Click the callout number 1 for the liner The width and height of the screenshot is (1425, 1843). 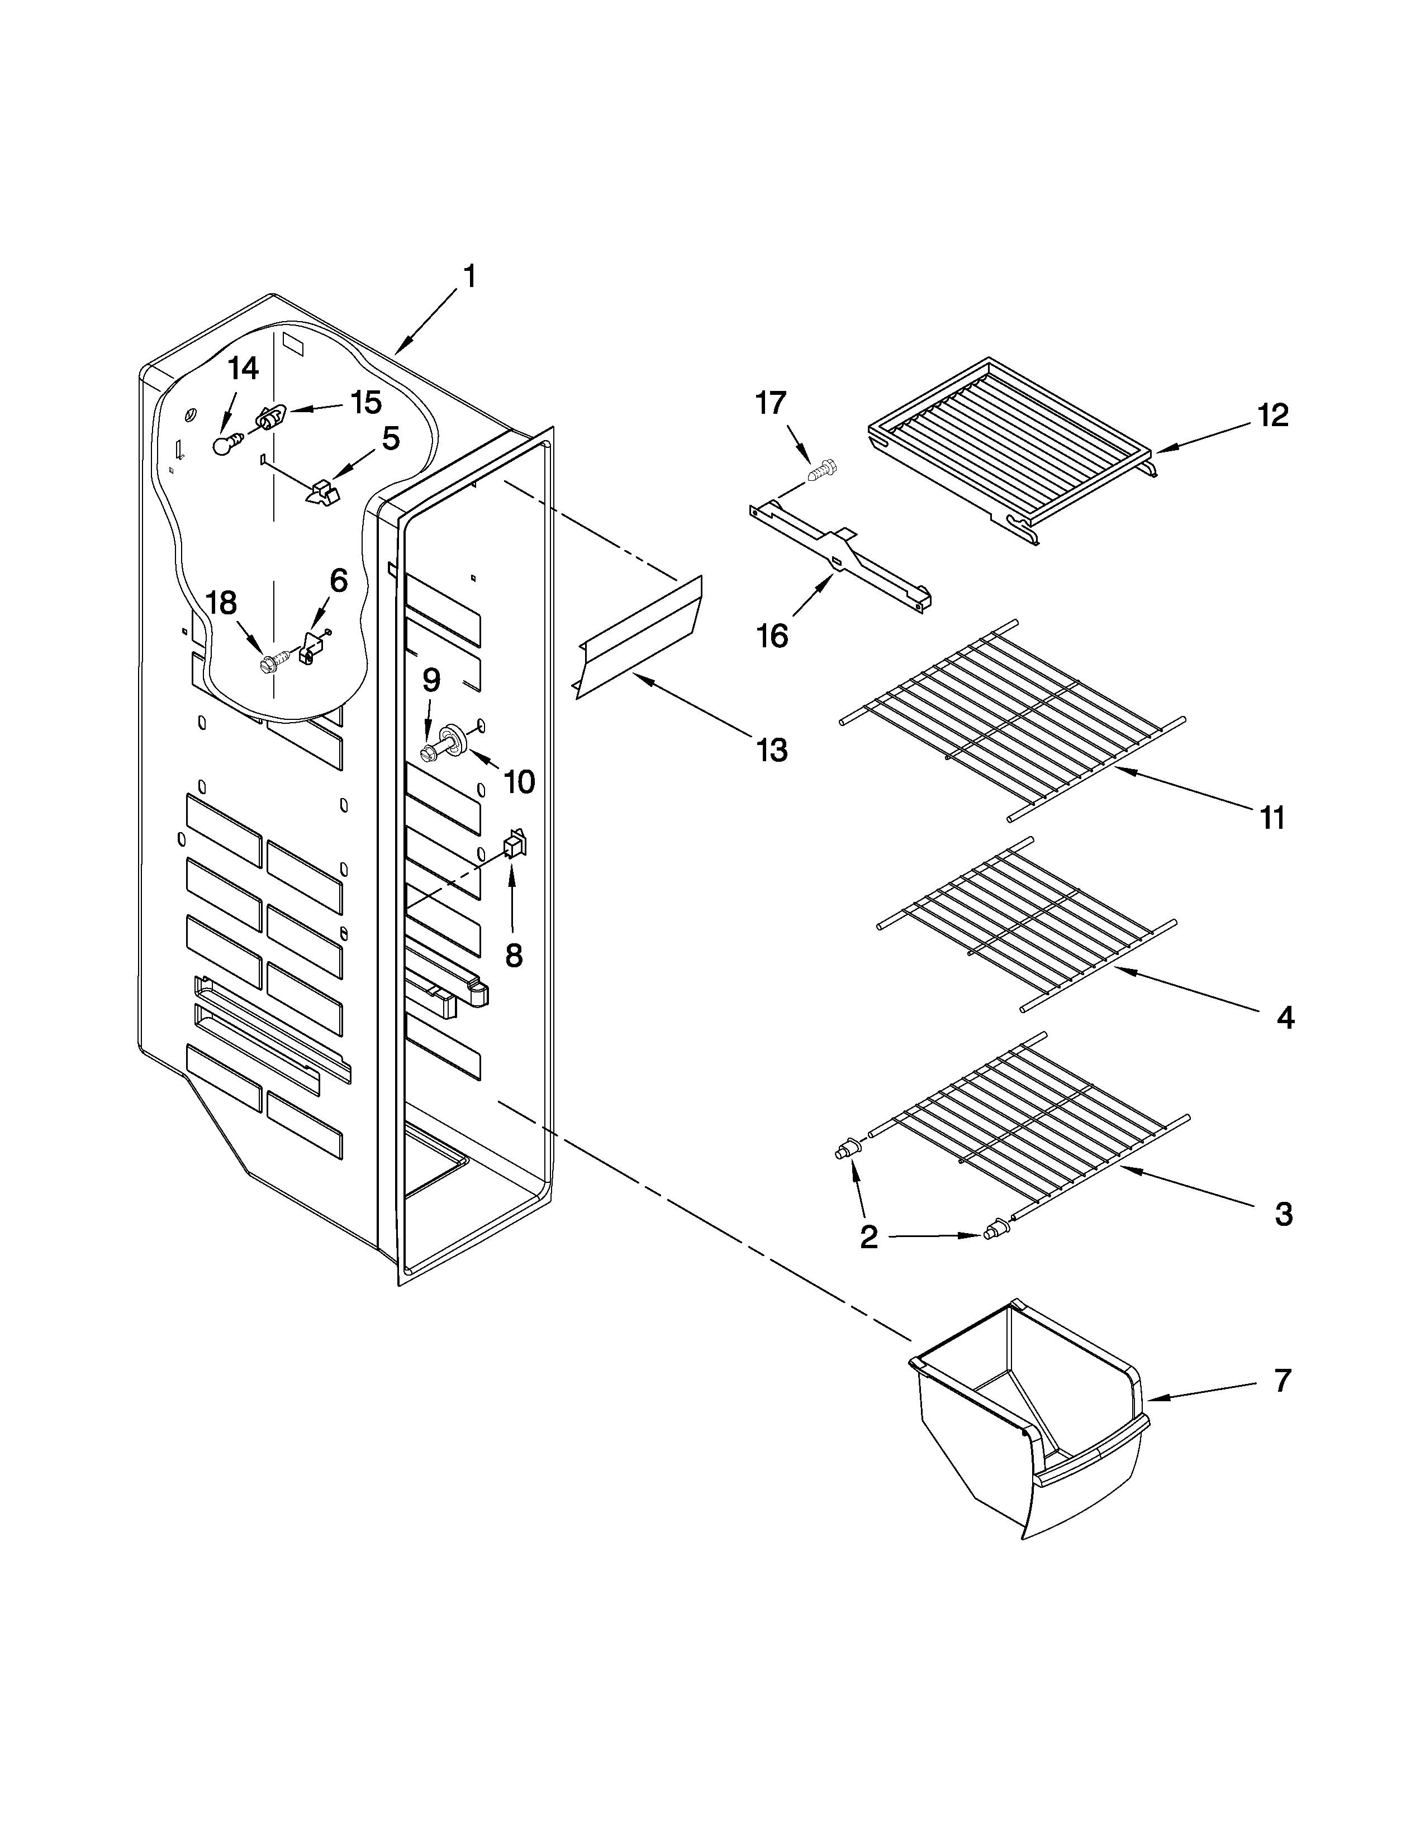pos(469,277)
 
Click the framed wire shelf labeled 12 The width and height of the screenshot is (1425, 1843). pos(1013,439)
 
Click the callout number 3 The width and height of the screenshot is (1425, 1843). pos(1283,1214)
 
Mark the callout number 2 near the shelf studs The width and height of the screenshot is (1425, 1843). pos(868,1237)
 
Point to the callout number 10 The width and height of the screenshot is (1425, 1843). pos(519,781)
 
